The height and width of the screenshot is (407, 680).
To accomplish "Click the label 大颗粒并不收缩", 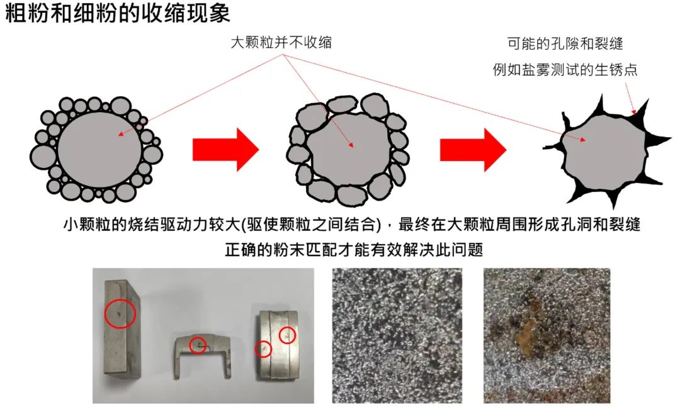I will (x=281, y=43).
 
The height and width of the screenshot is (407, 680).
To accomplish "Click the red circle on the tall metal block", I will (x=120, y=313).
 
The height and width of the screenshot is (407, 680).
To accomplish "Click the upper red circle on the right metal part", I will (x=287, y=335).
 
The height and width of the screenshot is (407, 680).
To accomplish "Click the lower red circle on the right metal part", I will (x=263, y=349).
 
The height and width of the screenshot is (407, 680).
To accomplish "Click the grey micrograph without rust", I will (x=397, y=335).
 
